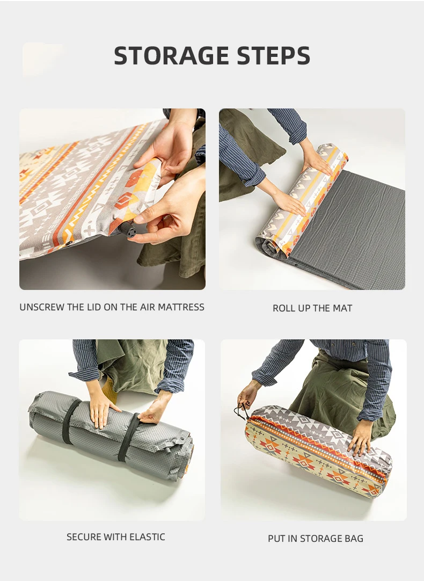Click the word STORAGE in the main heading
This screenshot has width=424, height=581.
tap(171, 56)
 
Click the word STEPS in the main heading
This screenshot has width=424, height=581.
tap(274, 56)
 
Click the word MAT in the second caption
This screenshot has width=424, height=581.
tap(343, 308)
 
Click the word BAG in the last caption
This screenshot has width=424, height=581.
tap(354, 539)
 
